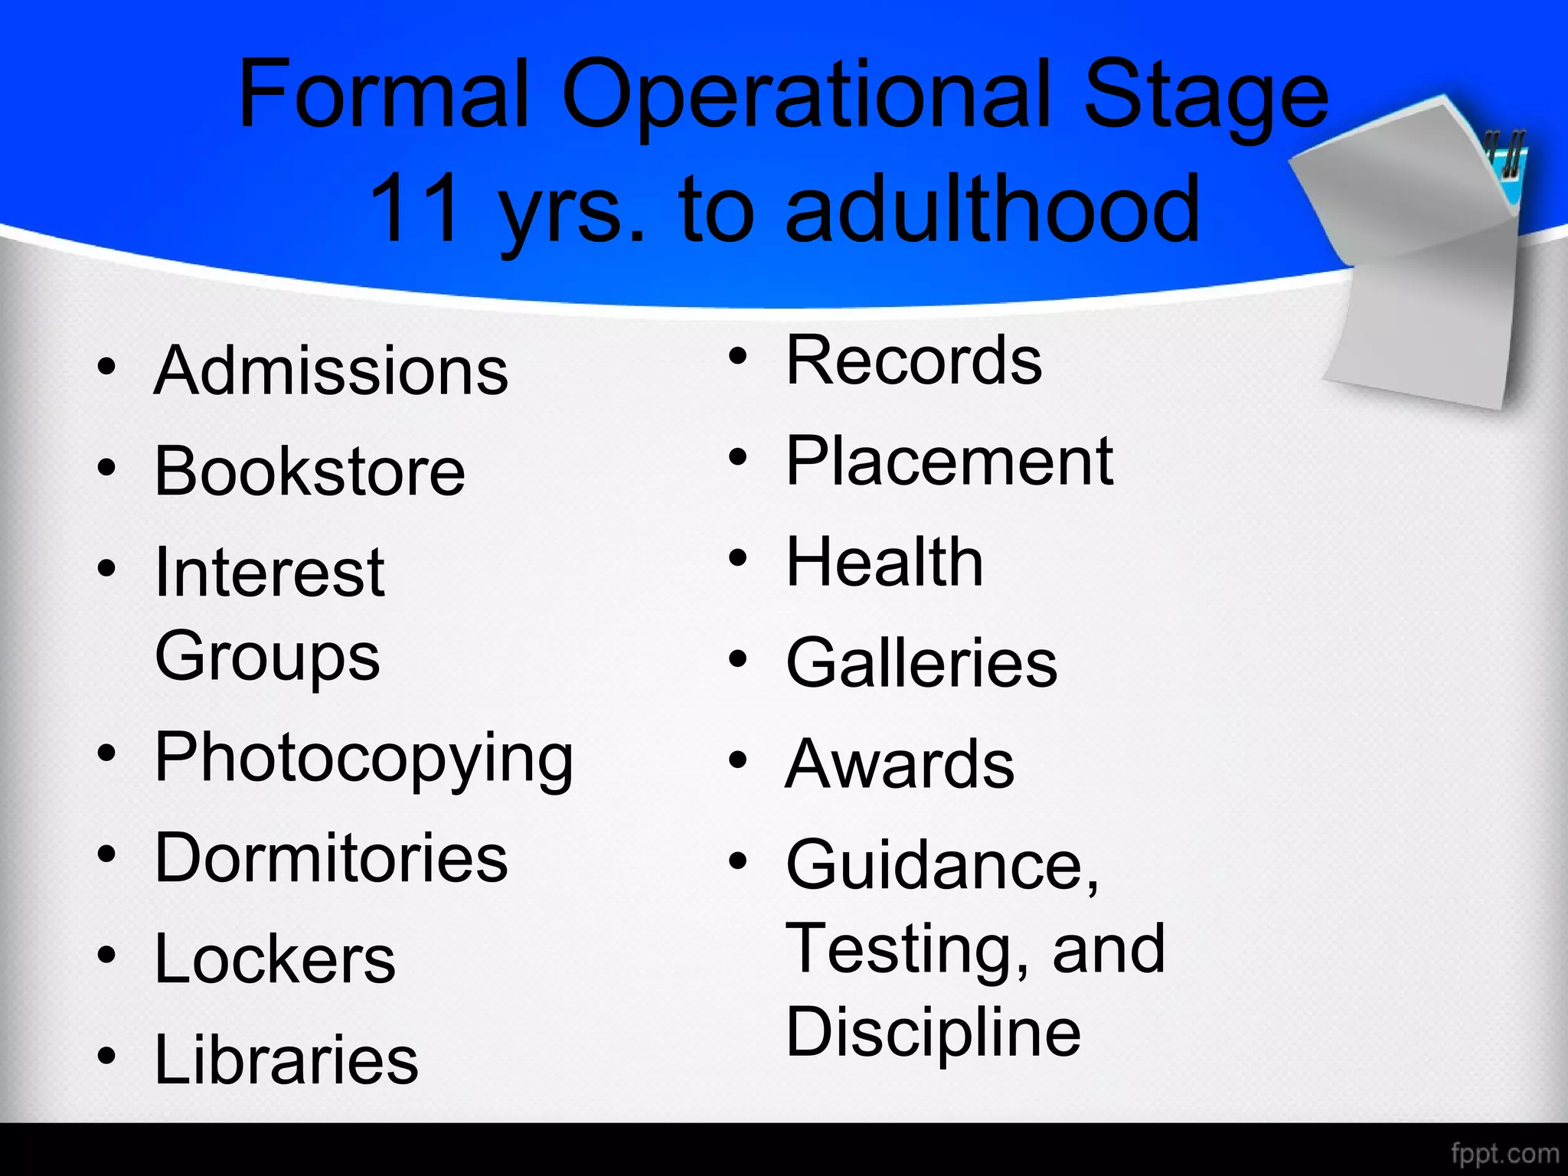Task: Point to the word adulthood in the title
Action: click(992, 208)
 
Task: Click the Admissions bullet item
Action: click(331, 371)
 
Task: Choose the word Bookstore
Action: click(309, 472)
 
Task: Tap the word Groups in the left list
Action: click(267, 656)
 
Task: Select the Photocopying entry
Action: click(364, 758)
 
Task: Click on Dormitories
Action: click(331, 857)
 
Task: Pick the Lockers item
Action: click(275, 959)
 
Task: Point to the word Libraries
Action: click(286, 1060)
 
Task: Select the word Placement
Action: click(949, 461)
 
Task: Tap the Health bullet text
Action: click(884, 562)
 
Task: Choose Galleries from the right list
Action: click(922, 663)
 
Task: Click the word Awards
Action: click(900, 764)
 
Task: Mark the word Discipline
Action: click(933, 1032)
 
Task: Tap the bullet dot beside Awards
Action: click(737, 760)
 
